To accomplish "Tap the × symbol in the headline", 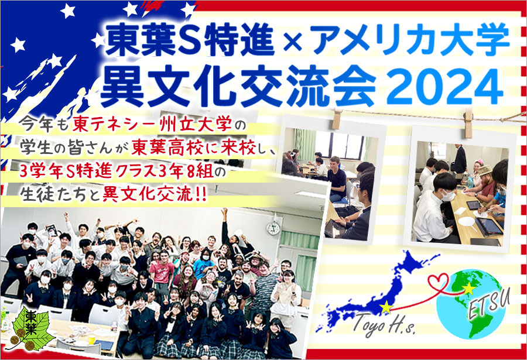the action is (x=292, y=43).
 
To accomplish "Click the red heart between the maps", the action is (x=439, y=281).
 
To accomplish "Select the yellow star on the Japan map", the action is (x=386, y=307).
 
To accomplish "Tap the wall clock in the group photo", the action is (x=273, y=228).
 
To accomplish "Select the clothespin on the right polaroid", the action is (x=467, y=123).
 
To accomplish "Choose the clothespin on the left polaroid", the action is (x=337, y=118).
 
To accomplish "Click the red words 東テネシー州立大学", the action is (x=152, y=125).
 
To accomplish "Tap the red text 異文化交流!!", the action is (x=154, y=194).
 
